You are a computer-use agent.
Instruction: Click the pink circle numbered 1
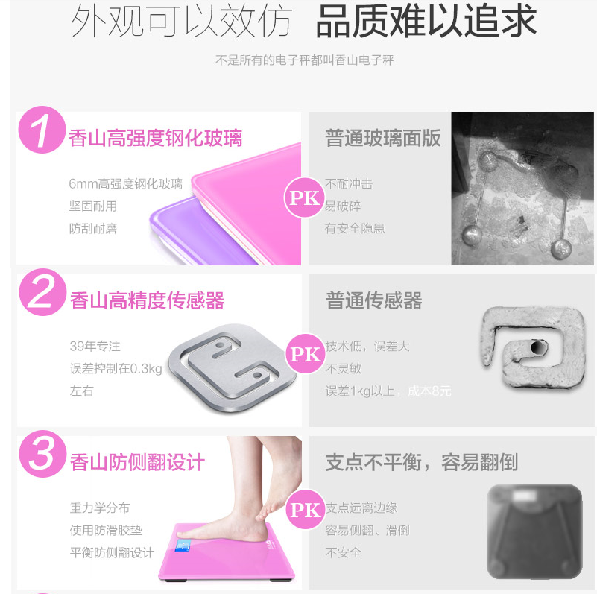[x=42, y=130]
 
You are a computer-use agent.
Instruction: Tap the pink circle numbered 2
[x=42, y=292]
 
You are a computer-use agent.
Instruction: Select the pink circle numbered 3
[x=42, y=454]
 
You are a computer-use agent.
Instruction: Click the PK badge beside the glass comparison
[x=305, y=198]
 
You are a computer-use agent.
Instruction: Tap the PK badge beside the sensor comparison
[x=306, y=354]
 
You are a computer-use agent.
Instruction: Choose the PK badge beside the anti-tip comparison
[x=306, y=510]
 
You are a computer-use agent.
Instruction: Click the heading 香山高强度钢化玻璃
[x=155, y=138]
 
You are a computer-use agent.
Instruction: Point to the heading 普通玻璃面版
[x=383, y=138]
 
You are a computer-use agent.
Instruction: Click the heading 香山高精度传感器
[x=148, y=300]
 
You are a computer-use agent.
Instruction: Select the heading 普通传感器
[x=374, y=300]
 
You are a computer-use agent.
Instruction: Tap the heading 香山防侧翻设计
[x=137, y=462]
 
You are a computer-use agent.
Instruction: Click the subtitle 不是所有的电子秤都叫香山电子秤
[x=305, y=60]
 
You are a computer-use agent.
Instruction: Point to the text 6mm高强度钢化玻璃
[x=126, y=184]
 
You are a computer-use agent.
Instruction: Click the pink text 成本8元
[x=429, y=391]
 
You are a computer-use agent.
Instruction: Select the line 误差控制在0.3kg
[x=116, y=369]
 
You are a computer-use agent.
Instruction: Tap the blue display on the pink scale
[x=183, y=546]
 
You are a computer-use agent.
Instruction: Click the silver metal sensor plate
[x=233, y=368]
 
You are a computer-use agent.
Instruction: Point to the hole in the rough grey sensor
[x=538, y=347]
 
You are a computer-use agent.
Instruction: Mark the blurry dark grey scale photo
[x=534, y=532]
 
